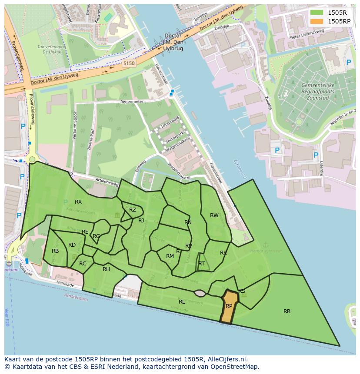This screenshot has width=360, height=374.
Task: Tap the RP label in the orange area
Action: (229, 306)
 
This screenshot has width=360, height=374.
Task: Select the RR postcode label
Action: (287, 311)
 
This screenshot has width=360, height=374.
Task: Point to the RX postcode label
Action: (78, 202)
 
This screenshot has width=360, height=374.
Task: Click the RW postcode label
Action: (214, 215)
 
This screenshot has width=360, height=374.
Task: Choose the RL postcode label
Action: (182, 301)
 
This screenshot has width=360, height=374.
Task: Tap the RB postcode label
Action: (55, 251)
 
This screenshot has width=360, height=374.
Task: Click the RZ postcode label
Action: (133, 210)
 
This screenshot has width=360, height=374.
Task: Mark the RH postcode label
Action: (106, 269)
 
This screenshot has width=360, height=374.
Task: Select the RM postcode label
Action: (170, 256)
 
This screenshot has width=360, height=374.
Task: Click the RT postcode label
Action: (201, 264)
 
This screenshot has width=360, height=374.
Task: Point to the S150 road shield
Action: (129, 63)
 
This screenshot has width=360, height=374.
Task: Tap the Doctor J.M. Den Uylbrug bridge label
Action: (173, 42)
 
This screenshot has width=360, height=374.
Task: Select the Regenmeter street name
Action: (132, 102)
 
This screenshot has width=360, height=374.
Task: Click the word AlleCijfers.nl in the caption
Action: (226, 359)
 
